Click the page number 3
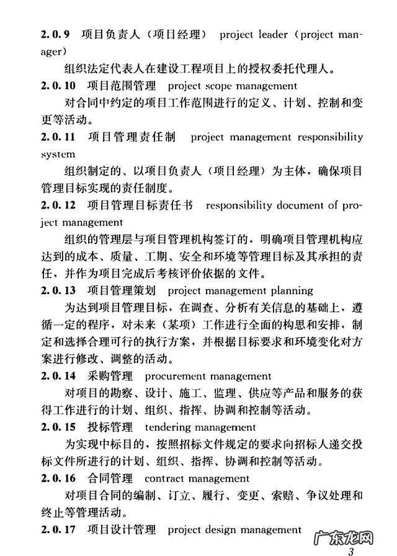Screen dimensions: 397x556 tap(351, 551)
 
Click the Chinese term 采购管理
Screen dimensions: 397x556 tap(108, 375)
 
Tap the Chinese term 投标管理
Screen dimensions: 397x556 tap(108, 427)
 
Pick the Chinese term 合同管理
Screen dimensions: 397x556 tap(108, 478)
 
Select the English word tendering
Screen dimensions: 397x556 tap(169, 427)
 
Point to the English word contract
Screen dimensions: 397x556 tap(165, 479)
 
